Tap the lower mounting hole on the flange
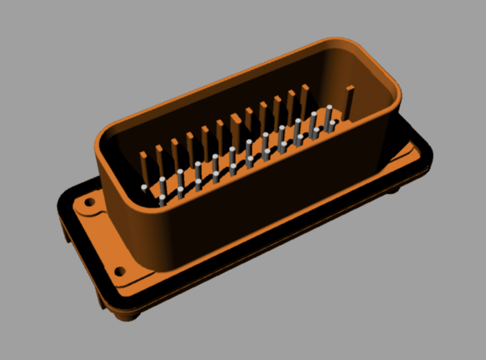[120, 271]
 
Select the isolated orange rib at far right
[349, 102]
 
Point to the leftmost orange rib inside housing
[144, 167]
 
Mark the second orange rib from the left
[159, 160]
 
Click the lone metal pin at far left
[144, 188]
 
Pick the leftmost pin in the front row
[162, 200]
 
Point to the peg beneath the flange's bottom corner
[134, 314]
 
